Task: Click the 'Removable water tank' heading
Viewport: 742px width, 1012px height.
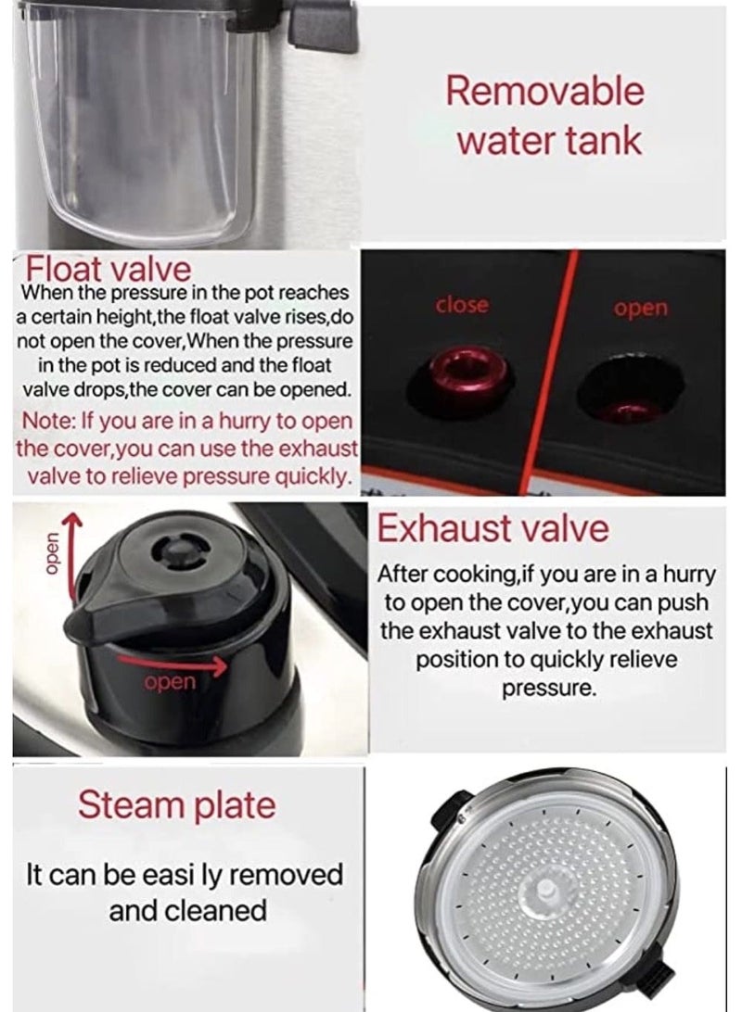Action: (x=544, y=116)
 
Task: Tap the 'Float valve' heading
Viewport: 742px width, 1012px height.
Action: (x=109, y=270)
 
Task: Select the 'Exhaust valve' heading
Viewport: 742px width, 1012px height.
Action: (x=493, y=528)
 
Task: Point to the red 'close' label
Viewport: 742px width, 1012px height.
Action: (x=461, y=305)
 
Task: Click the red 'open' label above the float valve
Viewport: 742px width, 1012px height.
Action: (x=640, y=308)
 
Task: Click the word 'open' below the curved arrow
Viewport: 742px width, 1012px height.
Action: (x=171, y=683)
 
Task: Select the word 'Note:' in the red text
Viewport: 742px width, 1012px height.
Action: (x=53, y=422)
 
